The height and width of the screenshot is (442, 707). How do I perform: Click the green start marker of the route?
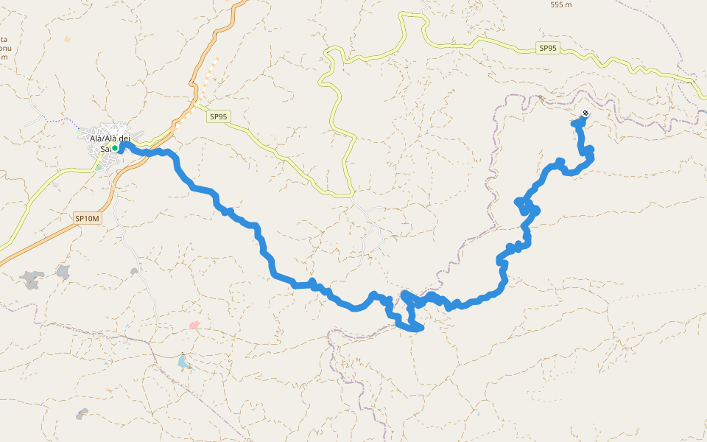(115, 148)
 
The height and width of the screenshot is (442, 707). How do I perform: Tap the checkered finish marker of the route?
(585, 113)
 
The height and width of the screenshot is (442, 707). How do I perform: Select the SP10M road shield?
(86, 218)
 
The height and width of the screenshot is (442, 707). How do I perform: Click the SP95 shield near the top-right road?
(548, 49)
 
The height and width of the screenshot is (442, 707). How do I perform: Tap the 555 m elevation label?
(561, 4)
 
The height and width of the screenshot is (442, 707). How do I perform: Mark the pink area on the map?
(194, 325)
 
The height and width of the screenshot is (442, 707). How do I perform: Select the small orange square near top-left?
(68, 39)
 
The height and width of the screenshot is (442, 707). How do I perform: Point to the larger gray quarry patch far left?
(32, 279)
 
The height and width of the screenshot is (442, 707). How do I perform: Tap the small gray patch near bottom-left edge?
(82, 414)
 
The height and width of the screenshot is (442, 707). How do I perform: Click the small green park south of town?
(99, 167)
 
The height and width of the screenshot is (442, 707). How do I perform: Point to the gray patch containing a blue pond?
(64, 273)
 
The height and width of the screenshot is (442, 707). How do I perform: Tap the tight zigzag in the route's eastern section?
(527, 206)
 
